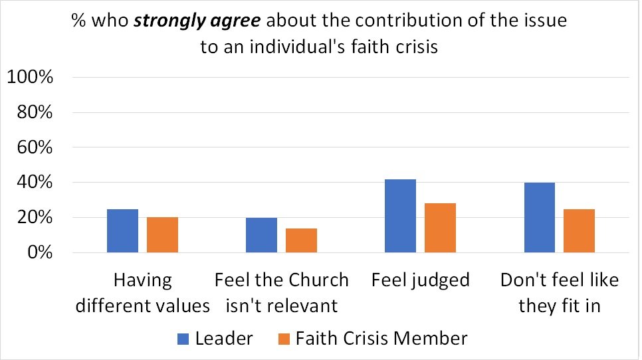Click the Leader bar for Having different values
[x=122, y=231]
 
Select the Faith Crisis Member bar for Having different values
[x=162, y=235]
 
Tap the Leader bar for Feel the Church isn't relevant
[x=261, y=235]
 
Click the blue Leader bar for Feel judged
[x=400, y=216]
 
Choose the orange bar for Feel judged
[x=440, y=228]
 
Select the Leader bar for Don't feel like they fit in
[x=539, y=218]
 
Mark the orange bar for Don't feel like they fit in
[x=579, y=231]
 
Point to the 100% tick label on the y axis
[x=30, y=77]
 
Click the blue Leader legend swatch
[x=183, y=339]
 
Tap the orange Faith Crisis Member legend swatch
[x=283, y=339]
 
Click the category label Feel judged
[x=420, y=280]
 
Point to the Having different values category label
[x=142, y=293]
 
